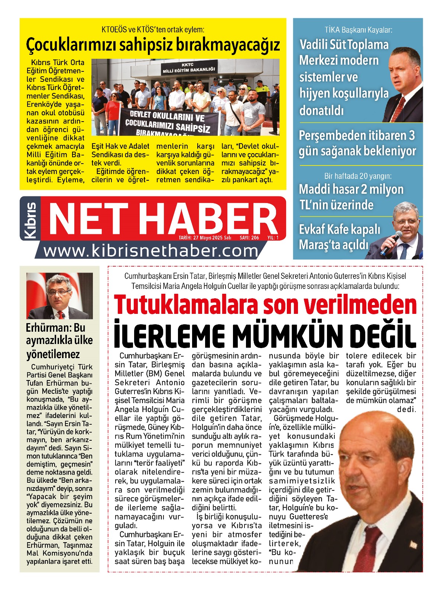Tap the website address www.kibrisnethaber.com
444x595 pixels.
(x=151, y=251)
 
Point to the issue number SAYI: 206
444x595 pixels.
(x=249, y=238)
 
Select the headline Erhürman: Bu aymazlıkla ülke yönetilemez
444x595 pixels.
(x=59, y=341)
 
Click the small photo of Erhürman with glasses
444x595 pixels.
(x=59, y=296)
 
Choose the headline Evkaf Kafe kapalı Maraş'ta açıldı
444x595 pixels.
(x=339, y=237)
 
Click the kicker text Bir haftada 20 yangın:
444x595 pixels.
(x=358, y=176)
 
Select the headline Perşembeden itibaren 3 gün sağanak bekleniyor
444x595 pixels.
(x=357, y=143)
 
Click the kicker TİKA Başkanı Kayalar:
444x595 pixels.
(x=358, y=30)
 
